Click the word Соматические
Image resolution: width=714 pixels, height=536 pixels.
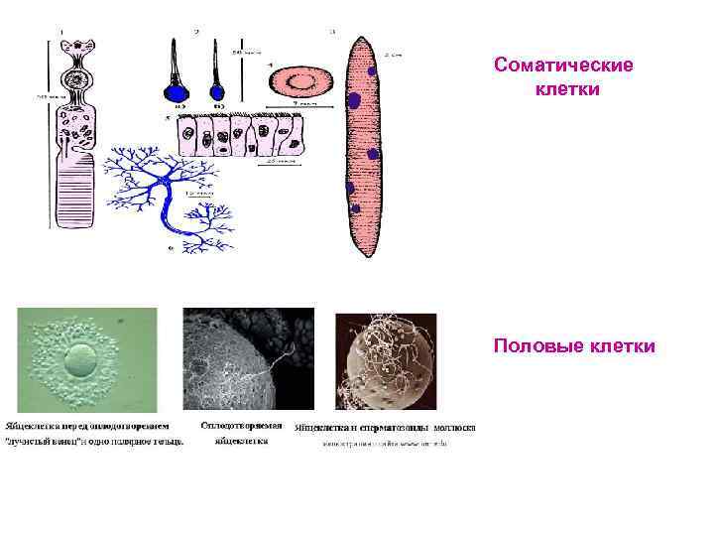tap(562, 66)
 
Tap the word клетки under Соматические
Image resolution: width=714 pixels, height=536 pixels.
tap(562, 89)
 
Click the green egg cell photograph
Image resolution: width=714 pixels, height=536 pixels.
tap(87, 357)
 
